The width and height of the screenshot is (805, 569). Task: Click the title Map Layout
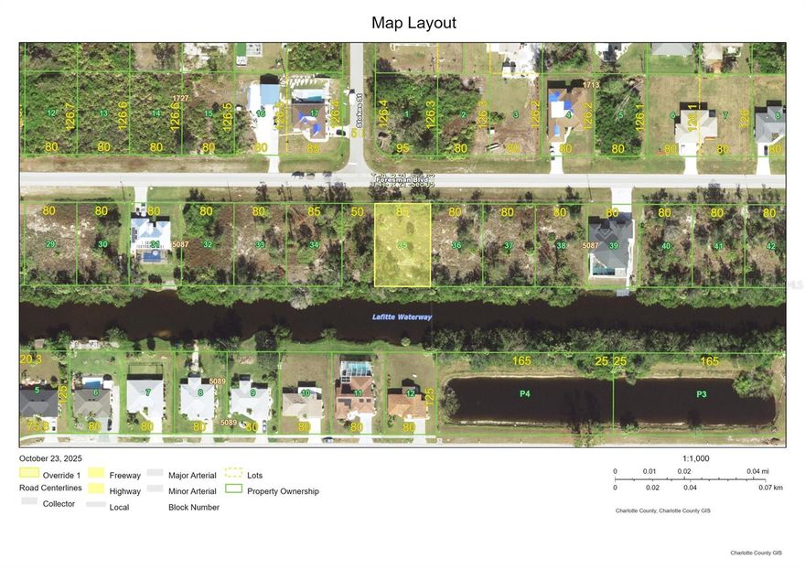point(413,23)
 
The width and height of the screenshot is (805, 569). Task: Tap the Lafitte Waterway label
point(402,317)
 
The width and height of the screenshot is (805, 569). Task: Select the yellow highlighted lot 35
point(402,244)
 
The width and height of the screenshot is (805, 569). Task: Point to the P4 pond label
point(525,393)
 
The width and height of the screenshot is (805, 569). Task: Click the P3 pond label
point(702,393)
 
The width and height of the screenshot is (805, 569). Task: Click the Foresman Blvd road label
point(402,180)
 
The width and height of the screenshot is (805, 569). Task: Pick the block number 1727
point(180,97)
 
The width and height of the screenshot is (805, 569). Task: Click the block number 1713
point(592,84)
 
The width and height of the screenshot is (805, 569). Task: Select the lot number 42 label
point(770,246)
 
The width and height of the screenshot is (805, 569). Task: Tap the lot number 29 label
point(50,244)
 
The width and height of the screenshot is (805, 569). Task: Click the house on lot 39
point(610,243)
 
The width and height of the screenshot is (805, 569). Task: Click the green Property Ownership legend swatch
point(234,488)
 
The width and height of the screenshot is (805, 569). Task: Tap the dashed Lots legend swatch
point(234,474)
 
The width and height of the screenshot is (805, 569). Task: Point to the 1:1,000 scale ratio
point(695,458)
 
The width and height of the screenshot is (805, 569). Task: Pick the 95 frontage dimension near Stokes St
point(402,147)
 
